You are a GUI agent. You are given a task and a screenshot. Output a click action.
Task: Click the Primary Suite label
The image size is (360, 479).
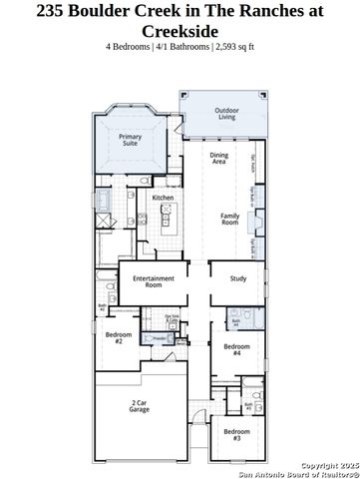coord(130,139)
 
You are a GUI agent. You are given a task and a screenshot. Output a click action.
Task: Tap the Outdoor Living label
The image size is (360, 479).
coord(227,114)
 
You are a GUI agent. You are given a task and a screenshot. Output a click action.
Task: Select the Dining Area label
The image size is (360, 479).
coord(219,158)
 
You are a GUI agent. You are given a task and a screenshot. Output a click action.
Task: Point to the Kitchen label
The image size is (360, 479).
coord(164,198)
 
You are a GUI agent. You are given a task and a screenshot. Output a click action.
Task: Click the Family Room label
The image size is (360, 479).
coord(229,219)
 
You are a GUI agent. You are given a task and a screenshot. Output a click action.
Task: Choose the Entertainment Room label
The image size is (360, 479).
coord(154,281)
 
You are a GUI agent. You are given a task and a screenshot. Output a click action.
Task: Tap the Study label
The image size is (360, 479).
coord(237,278)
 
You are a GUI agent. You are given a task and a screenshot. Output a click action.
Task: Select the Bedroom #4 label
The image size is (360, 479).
coord(236,350)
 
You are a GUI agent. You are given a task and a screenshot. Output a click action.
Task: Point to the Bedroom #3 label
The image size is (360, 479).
coord(236,434)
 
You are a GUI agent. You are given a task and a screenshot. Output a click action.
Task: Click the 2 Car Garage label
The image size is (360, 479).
coord(140,406)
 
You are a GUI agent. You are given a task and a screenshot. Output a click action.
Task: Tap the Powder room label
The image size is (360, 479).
coord(159,339)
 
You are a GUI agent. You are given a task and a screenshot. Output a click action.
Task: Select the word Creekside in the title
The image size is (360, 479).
coord(180,32)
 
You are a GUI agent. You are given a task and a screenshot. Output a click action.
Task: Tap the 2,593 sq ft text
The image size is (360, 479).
coord(234,47)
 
